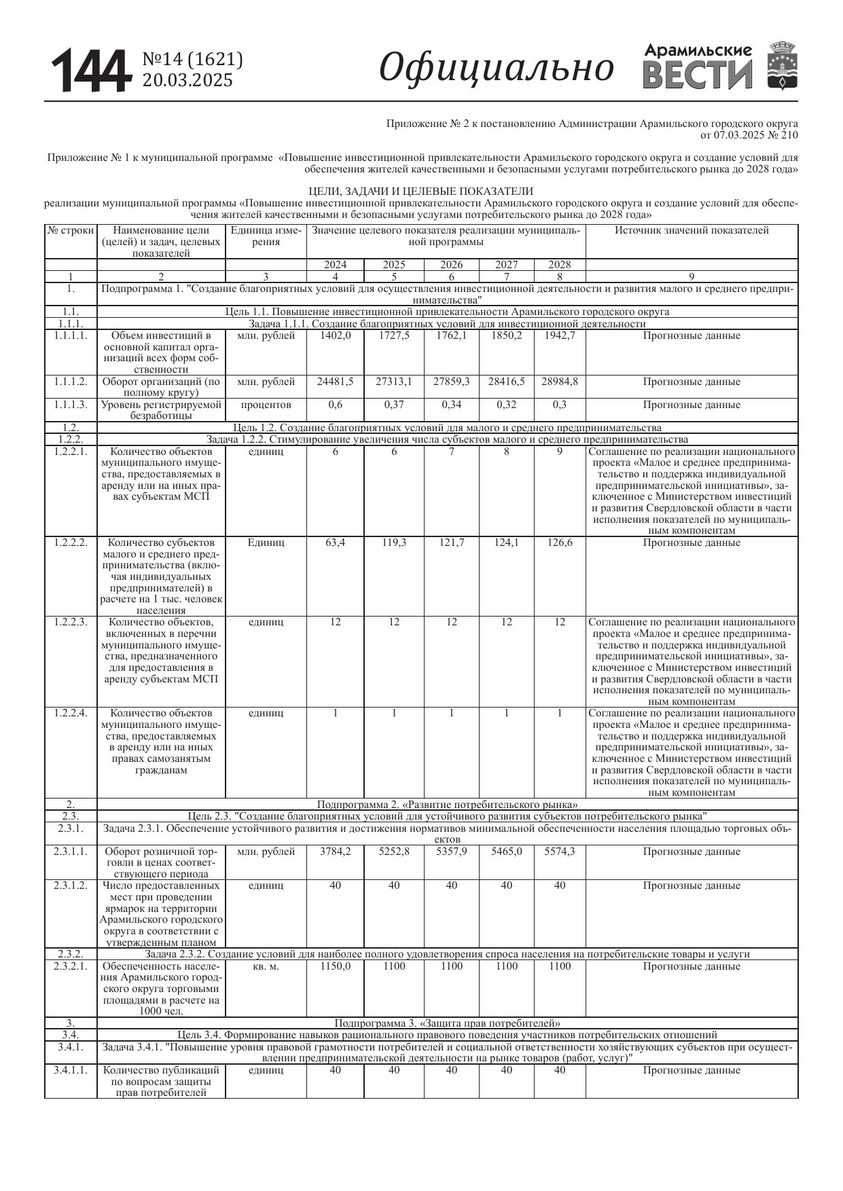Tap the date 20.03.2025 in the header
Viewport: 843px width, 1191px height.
[x=187, y=81]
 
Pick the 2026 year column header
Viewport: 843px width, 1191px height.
[x=452, y=265]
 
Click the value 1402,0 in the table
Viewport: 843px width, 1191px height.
[x=336, y=335]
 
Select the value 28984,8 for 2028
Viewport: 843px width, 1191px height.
[x=560, y=382]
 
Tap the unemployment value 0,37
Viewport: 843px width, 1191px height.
[x=394, y=405]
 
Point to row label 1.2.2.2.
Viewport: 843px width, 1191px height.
[x=71, y=543]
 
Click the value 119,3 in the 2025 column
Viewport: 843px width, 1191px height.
[x=394, y=543]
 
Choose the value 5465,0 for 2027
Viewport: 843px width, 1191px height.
[x=507, y=851]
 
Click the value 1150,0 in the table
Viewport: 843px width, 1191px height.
[x=336, y=966]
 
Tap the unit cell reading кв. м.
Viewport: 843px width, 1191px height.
[x=266, y=966]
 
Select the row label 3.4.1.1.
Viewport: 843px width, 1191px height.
[x=71, y=1070]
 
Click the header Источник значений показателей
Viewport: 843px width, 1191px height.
[x=692, y=230]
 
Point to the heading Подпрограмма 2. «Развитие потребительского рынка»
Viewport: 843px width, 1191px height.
[x=448, y=805]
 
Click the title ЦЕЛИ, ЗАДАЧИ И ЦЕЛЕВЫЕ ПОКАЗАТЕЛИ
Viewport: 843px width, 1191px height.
[x=421, y=191]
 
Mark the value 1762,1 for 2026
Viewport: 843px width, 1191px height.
[x=452, y=335]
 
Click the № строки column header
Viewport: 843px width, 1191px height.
[x=71, y=230]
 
